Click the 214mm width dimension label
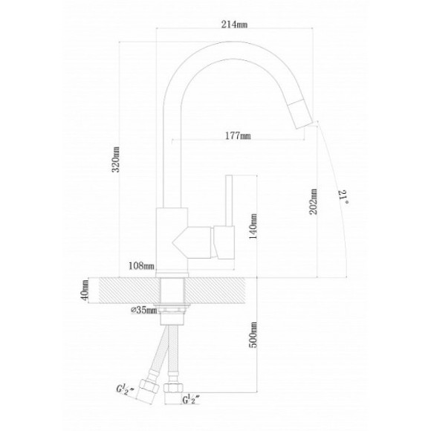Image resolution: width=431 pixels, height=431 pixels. tap(234, 25)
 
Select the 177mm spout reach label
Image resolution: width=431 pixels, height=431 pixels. tap(238, 136)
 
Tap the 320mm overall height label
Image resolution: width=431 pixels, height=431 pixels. tap(116, 160)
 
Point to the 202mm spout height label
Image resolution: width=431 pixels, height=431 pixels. tap(313, 201)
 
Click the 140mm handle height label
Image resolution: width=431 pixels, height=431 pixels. tap(253, 226)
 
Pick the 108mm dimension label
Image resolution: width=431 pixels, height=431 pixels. tap(141, 266)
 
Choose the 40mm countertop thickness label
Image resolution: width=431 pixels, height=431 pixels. tap(85, 291)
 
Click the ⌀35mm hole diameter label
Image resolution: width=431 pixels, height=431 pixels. tap(143, 310)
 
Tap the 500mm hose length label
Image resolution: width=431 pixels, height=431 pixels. tap(253, 335)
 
